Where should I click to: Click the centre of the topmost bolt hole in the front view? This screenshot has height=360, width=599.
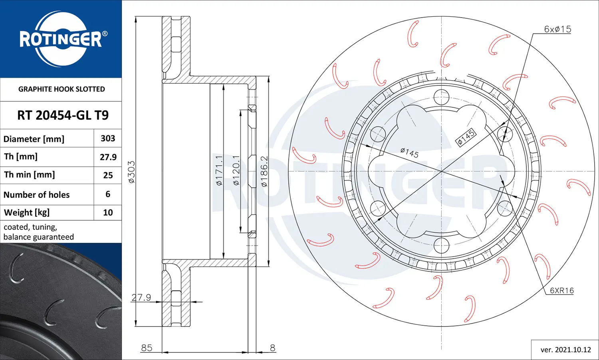(441, 97)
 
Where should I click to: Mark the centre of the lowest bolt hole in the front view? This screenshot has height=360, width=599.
(441, 245)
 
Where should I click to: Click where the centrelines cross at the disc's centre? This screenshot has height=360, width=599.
(441, 171)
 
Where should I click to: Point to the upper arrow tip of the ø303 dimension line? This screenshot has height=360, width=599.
(136, 17)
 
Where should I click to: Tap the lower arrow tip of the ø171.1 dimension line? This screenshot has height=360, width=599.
(224, 259)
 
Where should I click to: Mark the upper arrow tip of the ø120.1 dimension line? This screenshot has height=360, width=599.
(240, 110)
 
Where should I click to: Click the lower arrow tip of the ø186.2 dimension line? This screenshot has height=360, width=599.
(268, 266)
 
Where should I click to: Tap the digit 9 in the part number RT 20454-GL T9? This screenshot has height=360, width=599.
(105, 115)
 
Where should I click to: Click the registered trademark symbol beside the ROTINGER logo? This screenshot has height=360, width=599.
(105, 34)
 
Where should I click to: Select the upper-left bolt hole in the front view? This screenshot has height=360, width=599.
(378, 134)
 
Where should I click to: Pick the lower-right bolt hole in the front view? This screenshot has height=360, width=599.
(505, 208)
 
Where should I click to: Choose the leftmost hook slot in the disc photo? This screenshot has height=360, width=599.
(16, 269)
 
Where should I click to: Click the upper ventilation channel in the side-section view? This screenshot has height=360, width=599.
(176, 44)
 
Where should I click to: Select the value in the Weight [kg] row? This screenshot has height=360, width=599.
(108, 212)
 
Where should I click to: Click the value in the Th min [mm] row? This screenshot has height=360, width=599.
(108, 175)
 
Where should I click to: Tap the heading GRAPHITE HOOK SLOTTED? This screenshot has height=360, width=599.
(61, 89)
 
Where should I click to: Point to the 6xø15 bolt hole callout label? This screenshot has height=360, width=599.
(557, 29)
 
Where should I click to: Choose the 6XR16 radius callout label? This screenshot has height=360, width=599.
(562, 290)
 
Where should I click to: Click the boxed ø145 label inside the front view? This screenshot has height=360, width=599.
(466, 137)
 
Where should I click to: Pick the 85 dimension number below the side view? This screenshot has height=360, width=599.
(147, 348)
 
